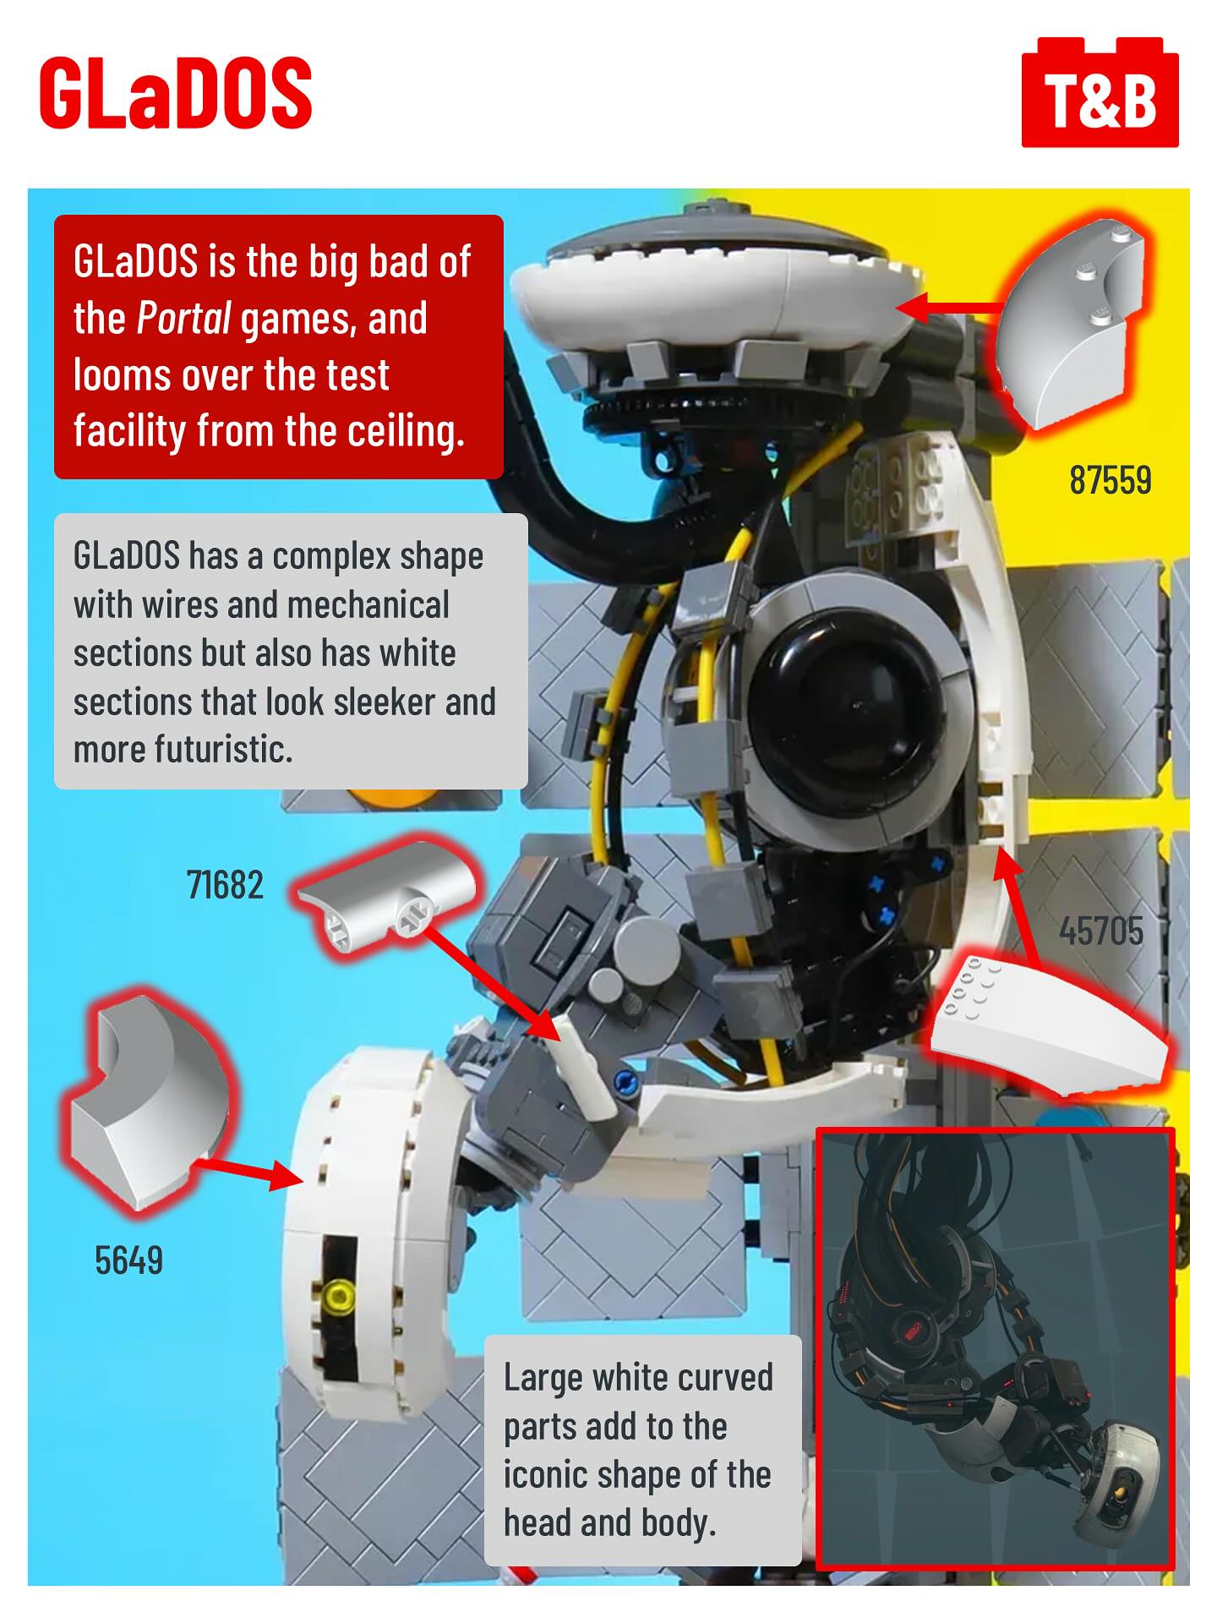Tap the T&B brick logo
click(x=1100, y=93)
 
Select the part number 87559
click(x=1111, y=480)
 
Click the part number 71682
click(x=225, y=885)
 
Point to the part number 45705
click(x=1101, y=932)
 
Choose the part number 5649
click(x=128, y=1260)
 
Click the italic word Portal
click(x=183, y=319)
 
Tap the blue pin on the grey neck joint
click(x=625, y=1081)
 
